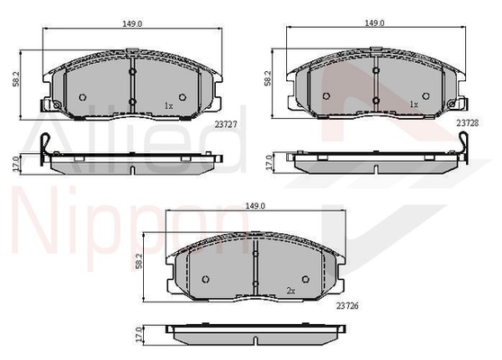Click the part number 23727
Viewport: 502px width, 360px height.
pyautogui.click(x=226, y=124)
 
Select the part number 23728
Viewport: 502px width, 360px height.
pyautogui.click(x=468, y=123)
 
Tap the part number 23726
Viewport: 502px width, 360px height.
pyautogui.click(x=347, y=306)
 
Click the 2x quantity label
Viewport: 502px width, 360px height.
pyautogui.click(x=291, y=291)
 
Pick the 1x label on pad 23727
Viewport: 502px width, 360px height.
pyautogui.click(x=169, y=105)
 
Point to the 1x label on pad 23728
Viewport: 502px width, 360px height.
pyautogui.click(x=414, y=104)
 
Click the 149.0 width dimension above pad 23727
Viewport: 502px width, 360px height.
pyautogui.click(x=132, y=23)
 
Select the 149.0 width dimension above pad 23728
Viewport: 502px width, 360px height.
pyautogui.click(x=374, y=23)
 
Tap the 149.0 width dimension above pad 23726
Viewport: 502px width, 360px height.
pyautogui.click(x=255, y=206)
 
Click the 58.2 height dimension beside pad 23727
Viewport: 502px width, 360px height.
pyautogui.click(x=16, y=79)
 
